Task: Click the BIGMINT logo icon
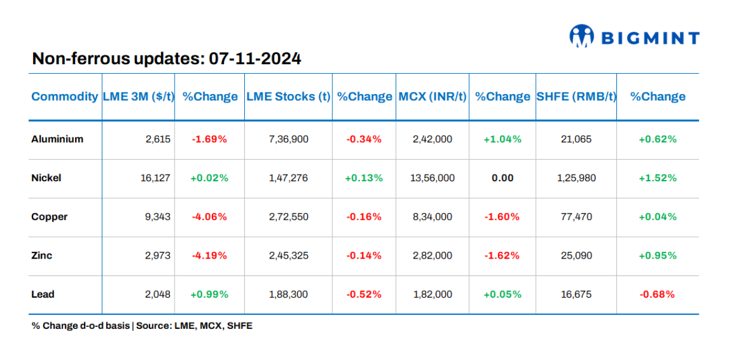[581, 36]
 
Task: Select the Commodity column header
[64, 97]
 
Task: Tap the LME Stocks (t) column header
[288, 97]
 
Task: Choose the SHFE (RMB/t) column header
[576, 97]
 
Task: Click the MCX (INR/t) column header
[432, 97]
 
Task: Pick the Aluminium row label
[57, 139]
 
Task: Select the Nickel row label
[46, 178]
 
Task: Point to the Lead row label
[43, 294]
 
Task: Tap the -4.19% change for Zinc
[209, 256]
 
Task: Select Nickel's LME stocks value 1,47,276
[289, 178]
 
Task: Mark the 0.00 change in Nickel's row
[502, 178]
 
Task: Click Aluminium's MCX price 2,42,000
[432, 139]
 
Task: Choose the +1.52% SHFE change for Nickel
[657, 178]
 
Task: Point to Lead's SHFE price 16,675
[575, 294]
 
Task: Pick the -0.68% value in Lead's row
[657, 294]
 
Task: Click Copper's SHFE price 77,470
[575, 217]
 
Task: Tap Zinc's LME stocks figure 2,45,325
[289, 256]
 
